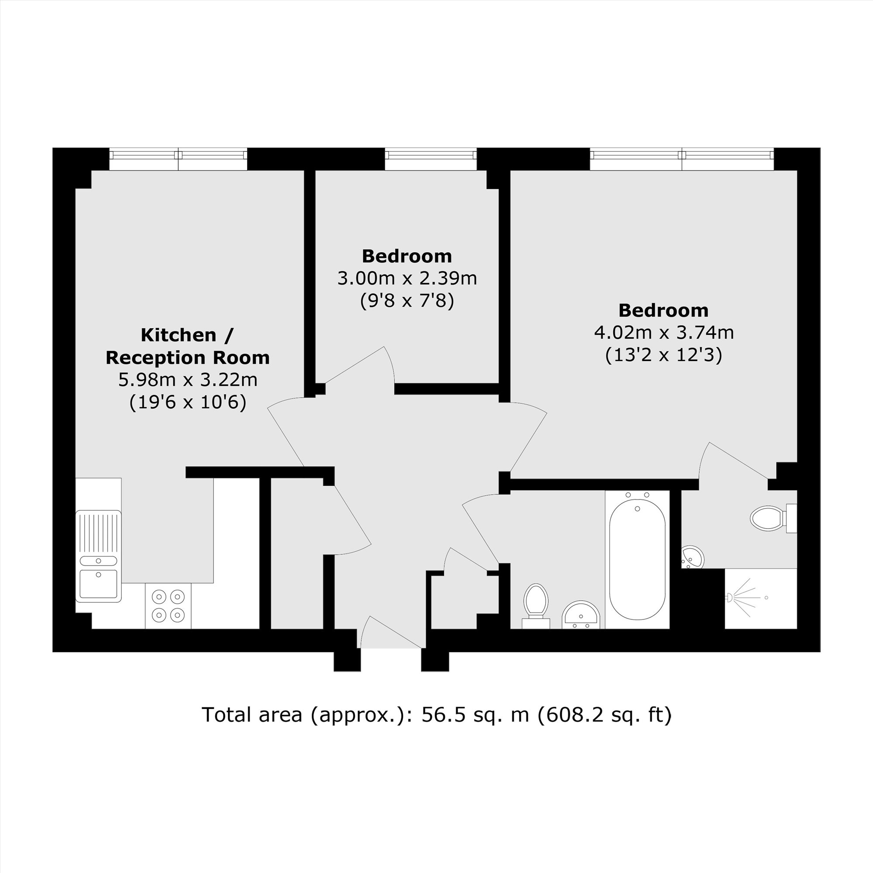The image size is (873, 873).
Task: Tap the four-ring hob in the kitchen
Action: coord(168,605)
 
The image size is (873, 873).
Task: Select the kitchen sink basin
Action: coord(99,583)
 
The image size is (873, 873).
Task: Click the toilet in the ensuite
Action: coord(767,518)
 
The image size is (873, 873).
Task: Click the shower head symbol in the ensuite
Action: coord(729,598)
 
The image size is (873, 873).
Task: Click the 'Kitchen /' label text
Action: coord(187,335)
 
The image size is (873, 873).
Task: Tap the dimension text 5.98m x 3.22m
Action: coord(188,380)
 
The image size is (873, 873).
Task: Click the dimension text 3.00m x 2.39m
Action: coord(407,278)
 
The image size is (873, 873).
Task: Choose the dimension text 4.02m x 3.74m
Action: coord(664,333)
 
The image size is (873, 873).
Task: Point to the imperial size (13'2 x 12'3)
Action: coord(664,355)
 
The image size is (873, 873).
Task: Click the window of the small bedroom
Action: coord(431,155)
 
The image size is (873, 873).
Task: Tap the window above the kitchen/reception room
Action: coord(178,155)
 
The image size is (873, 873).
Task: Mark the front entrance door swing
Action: coord(388,632)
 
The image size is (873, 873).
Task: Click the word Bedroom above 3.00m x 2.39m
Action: coord(407,256)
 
